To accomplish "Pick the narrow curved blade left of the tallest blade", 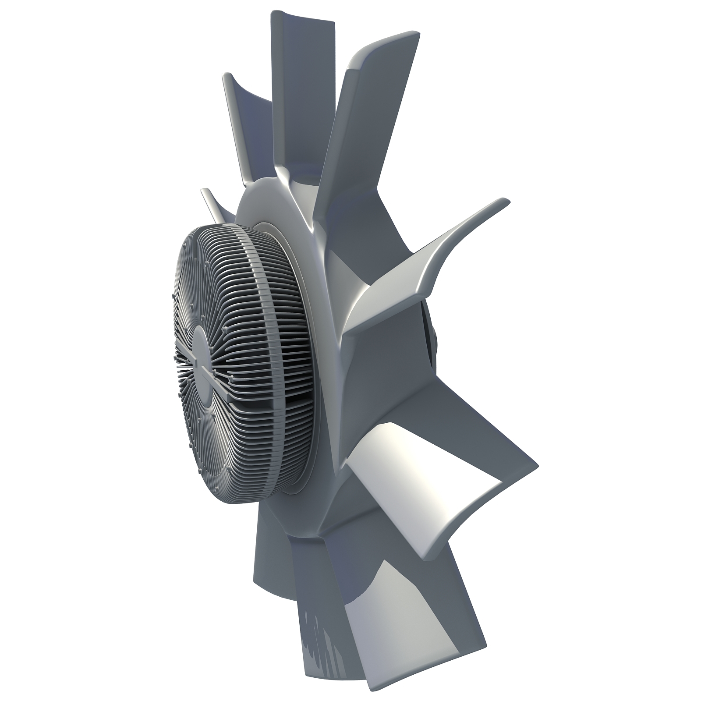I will tap(245, 123).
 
